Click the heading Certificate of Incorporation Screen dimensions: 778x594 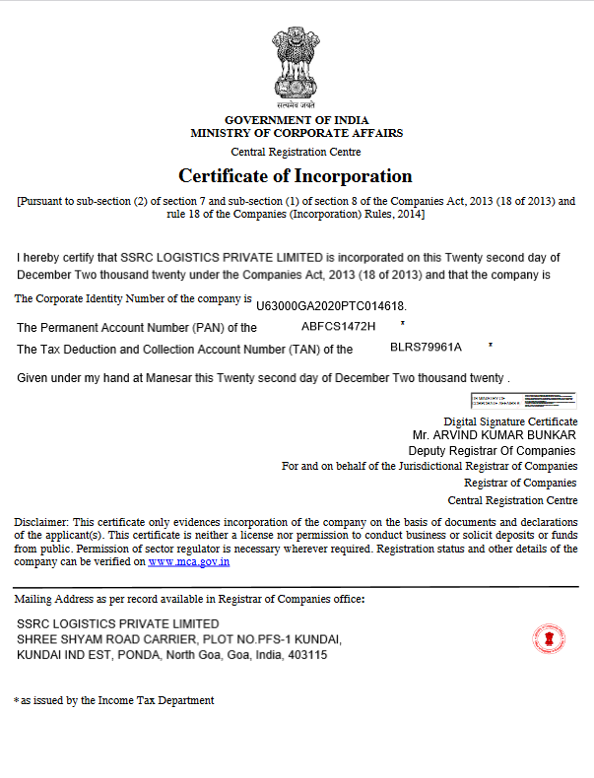tap(296, 176)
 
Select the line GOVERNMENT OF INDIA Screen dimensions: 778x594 tap(297, 120)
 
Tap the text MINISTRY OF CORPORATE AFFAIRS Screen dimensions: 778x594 tap(297, 133)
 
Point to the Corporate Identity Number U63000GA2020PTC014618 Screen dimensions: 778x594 tap(331, 306)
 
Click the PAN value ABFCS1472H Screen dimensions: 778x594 tap(339, 324)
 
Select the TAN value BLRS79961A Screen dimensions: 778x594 tap(427, 347)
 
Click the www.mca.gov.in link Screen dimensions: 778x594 tap(189, 561)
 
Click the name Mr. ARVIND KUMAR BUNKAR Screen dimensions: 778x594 tap(494, 434)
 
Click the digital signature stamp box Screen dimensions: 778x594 tap(523, 400)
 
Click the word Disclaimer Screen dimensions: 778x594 tap(41, 521)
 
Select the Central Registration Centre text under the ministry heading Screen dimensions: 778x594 tap(296, 152)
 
